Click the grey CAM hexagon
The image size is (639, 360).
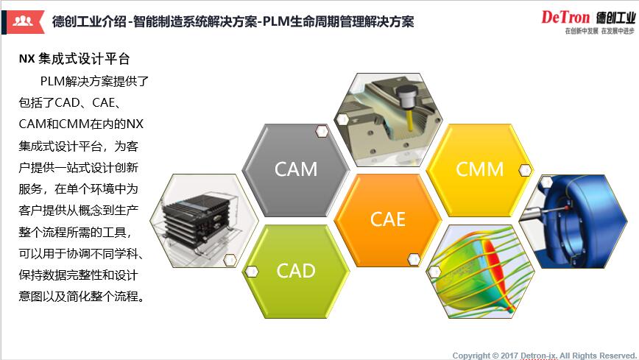pyautogui.click(x=296, y=169)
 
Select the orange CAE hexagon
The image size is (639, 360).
pyautogui.click(x=388, y=219)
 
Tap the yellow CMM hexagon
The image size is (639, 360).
pyautogui.click(x=479, y=169)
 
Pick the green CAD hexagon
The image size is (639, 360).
pyautogui.click(x=296, y=270)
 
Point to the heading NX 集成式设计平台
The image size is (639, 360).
pyautogui.click(x=74, y=58)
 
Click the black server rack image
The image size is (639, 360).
pyautogui.click(x=204, y=219)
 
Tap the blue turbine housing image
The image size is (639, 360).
pyautogui.click(x=574, y=219)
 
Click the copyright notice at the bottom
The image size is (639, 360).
pyautogui.click(x=543, y=355)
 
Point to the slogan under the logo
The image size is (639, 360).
pyautogui.click(x=597, y=32)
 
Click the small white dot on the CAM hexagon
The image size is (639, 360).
pyautogui.click(x=322, y=131)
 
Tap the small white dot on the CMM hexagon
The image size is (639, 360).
pyautogui.click(x=525, y=170)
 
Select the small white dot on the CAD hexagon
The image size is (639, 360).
pyautogui.click(x=253, y=271)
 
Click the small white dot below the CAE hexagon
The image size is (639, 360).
pyautogui.click(x=414, y=259)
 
